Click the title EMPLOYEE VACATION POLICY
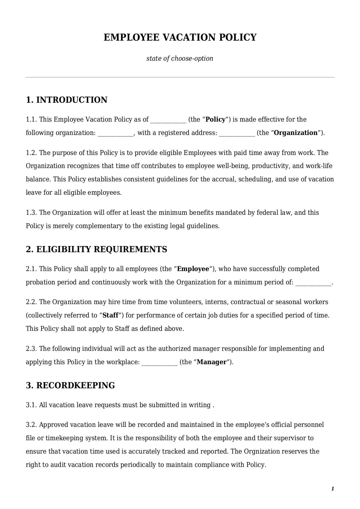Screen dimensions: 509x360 [180, 37]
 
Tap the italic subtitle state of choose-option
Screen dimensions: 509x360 [180, 58]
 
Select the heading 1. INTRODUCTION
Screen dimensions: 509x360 [66, 100]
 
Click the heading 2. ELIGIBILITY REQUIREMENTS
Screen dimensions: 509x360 [96, 249]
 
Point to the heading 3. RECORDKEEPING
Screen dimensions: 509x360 [70, 385]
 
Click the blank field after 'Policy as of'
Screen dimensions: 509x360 [168, 120]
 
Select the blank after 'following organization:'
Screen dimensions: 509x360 [115, 133]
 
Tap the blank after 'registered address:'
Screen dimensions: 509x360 [237, 133]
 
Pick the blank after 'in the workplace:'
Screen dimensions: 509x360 [159, 362]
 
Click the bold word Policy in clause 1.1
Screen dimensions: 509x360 [215, 120]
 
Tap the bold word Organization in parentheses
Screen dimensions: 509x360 [296, 133]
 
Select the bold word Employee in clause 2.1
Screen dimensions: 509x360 [193, 269]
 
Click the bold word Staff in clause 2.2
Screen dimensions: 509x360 [110, 315]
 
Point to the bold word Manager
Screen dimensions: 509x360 [211, 362]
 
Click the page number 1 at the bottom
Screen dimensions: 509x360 [332, 489]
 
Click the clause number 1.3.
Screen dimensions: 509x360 [31, 213]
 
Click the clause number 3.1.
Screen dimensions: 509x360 [31, 405]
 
